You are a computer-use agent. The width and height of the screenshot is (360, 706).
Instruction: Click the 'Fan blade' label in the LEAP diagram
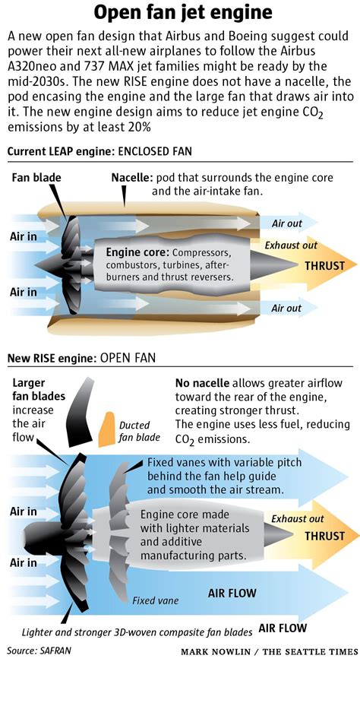[x=36, y=177]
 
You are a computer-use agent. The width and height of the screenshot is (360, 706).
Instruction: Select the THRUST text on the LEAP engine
[x=324, y=265]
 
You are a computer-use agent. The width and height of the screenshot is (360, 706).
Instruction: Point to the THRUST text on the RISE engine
[x=324, y=536]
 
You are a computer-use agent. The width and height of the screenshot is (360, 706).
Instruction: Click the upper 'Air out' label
[x=286, y=223]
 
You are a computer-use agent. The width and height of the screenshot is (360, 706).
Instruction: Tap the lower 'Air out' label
[x=286, y=308]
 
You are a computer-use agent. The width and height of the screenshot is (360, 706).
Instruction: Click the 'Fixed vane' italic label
[x=155, y=600]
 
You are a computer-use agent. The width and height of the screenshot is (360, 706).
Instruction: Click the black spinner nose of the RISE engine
[x=32, y=535]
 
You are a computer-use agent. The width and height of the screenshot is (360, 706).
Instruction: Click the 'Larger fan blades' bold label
[x=38, y=389]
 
